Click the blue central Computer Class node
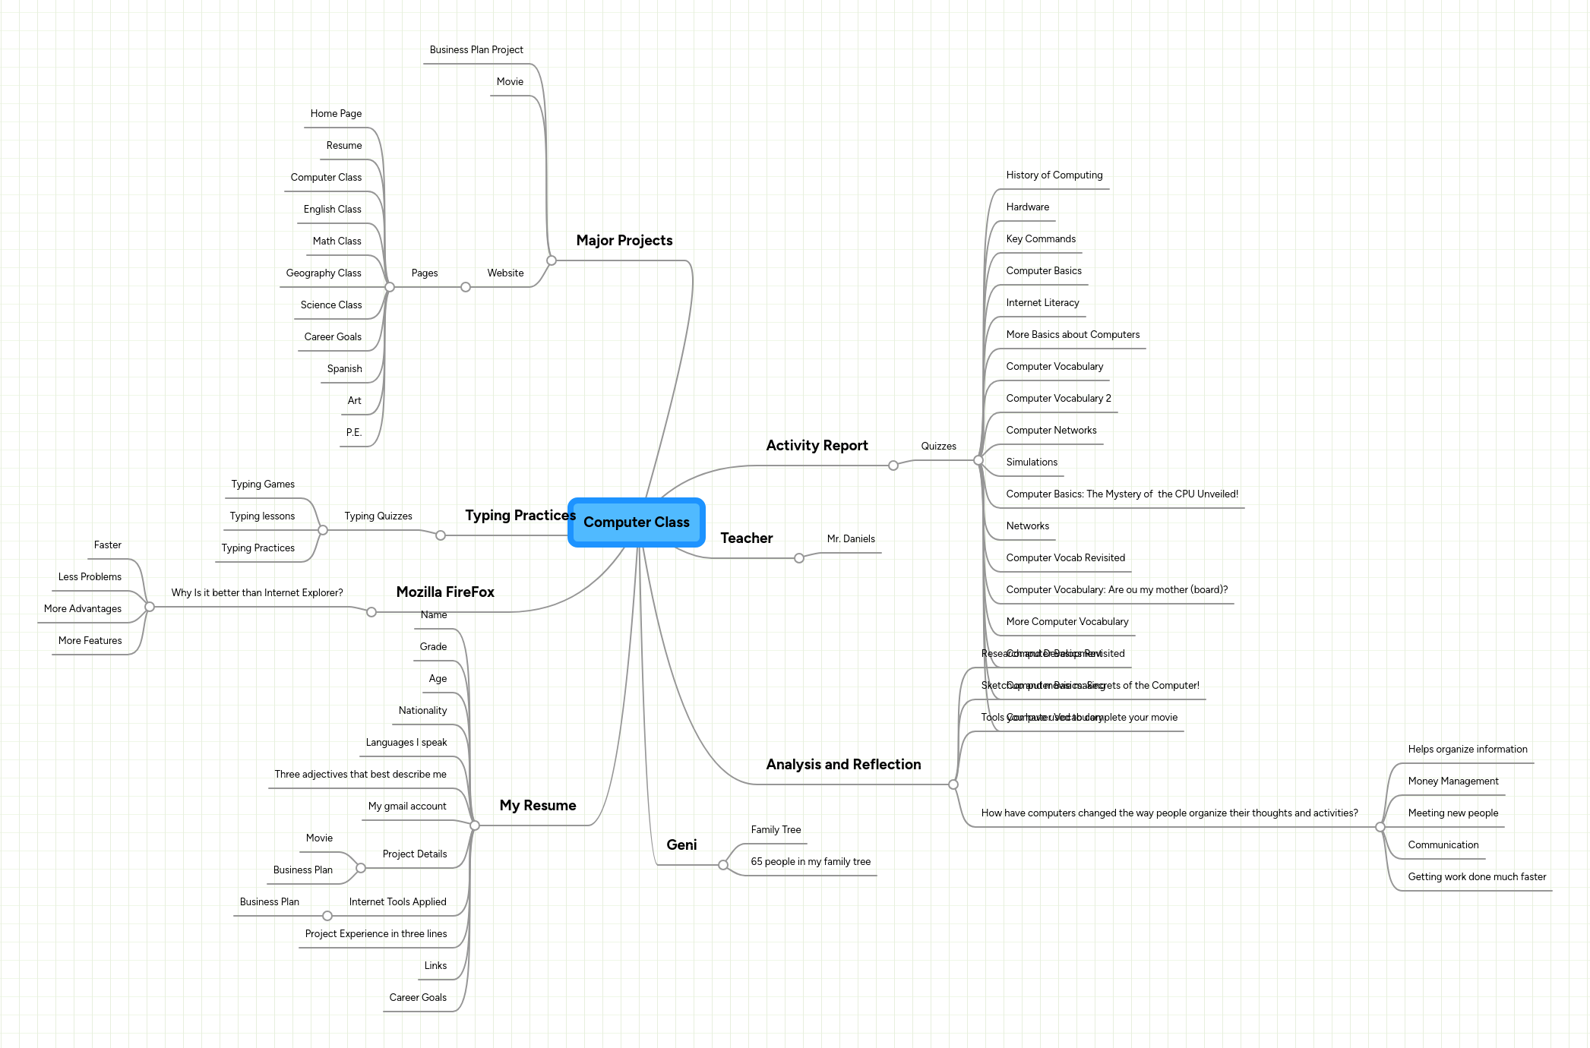[x=636, y=522]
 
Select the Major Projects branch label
[x=624, y=241]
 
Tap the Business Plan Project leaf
[x=476, y=50]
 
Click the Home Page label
[x=336, y=114]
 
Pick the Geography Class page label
[x=324, y=273]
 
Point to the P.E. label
[x=354, y=433]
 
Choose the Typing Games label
[x=263, y=485]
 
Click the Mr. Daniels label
[x=851, y=539]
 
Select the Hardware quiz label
[x=1027, y=207]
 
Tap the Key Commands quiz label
[x=1041, y=239]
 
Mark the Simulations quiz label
[x=1032, y=462]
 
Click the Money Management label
[x=1452, y=781]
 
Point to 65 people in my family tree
[x=811, y=862]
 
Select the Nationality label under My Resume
[x=422, y=711]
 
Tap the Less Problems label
[x=90, y=577]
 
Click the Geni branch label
[x=681, y=845]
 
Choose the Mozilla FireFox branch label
[x=445, y=592]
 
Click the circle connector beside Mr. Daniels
[x=799, y=558]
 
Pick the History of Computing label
[x=1054, y=175]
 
